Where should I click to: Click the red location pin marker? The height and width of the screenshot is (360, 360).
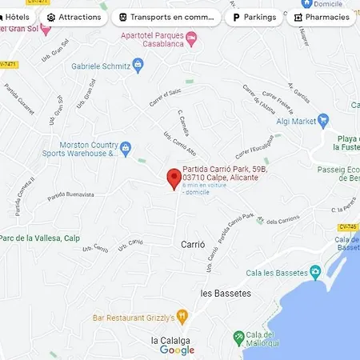[173, 178]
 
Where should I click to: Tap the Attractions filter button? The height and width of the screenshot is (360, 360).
[74, 17]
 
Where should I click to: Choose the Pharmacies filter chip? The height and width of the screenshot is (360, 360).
[322, 17]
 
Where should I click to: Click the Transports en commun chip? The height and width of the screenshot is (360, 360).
[166, 17]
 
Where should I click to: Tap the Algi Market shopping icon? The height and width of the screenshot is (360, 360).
[323, 122]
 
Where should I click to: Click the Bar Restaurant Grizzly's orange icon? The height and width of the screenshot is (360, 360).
[182, 317]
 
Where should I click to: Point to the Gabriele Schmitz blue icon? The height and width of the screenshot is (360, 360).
[138, 68]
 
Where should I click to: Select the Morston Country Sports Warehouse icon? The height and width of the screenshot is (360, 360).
[125, 147]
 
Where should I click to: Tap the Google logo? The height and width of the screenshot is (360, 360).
[177, 350]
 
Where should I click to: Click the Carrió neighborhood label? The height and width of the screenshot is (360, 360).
[193, 243]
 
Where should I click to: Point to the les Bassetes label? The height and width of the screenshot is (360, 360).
[226, 293]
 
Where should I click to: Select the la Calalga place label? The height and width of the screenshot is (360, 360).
[170, 339]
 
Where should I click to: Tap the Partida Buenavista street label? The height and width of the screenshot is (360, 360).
[70, 194]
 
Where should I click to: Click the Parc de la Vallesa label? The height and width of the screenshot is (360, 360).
[40, 238]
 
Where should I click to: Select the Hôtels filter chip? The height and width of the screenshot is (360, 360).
[16, 17]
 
